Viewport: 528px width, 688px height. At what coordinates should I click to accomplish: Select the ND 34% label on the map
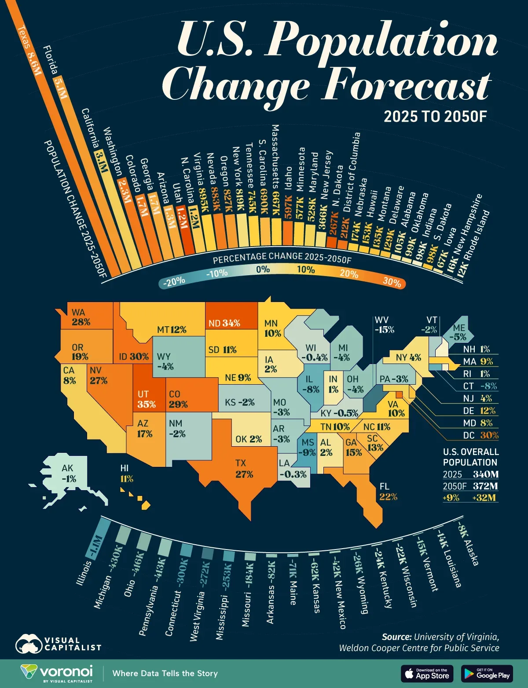coord(224,323)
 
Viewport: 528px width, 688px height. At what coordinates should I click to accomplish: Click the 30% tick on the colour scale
coord(392,281)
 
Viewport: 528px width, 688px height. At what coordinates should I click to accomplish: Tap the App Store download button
coord(427,673)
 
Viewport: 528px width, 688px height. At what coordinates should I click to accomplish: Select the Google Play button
coord(487,673)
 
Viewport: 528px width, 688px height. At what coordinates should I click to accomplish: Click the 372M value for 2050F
coord(485,486)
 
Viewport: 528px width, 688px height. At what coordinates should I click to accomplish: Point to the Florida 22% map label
coord(388,492)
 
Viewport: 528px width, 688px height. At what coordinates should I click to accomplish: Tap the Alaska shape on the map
coord(70,473)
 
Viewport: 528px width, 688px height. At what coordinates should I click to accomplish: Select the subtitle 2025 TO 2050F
coord(435,116)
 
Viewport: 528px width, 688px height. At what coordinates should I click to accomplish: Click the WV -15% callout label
coord(384,325)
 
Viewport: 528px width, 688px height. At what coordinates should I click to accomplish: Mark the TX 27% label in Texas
coord(244,469)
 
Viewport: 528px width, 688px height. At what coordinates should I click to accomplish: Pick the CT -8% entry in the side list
coord(480,386)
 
